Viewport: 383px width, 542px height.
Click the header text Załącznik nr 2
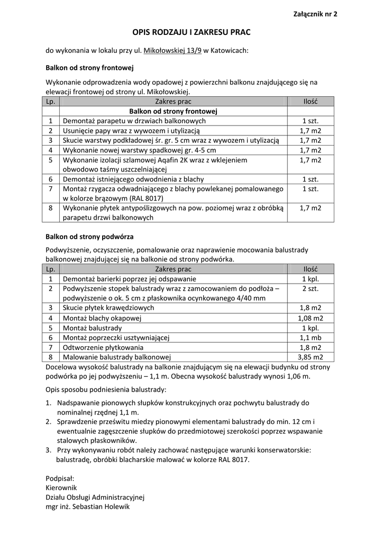315,14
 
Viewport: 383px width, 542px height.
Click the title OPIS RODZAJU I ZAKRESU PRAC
191,33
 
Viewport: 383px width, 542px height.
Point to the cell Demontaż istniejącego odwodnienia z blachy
133,179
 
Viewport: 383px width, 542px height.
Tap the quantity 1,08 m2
311,318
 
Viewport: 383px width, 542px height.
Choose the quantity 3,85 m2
311,357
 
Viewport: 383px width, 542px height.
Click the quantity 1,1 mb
311,338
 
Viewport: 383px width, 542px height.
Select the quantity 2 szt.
311,288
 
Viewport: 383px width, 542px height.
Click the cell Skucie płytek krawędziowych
108,308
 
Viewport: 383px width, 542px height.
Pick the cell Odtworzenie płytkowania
103,347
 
